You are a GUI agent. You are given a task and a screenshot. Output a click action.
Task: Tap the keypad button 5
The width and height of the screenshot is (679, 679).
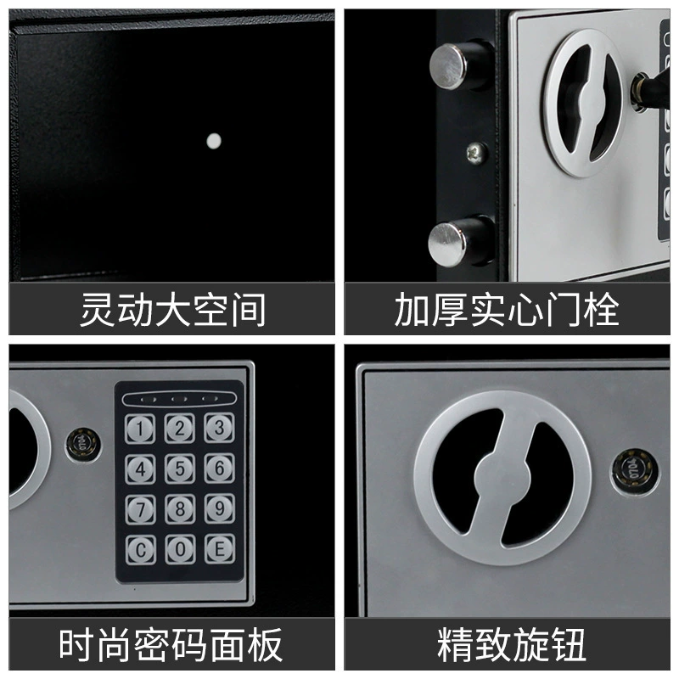point(180,469)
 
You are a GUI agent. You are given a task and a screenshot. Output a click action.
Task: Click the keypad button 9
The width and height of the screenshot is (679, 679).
point(220,508)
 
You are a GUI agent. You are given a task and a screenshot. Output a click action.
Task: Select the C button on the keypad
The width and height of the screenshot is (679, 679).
point(140,550)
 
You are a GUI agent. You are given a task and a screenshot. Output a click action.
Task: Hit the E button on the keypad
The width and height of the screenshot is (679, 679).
point(220,548)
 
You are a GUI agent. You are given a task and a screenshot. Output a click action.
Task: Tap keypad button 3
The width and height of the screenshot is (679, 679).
point(219,428)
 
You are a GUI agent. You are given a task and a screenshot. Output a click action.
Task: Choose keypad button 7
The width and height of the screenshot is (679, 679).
point(140,510)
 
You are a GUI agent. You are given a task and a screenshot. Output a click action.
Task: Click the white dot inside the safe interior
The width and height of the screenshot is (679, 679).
point(214,141)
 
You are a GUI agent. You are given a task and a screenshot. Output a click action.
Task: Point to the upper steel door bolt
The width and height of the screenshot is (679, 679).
point(461,66)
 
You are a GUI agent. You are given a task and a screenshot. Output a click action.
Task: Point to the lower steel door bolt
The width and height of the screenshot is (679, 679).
point(460,242)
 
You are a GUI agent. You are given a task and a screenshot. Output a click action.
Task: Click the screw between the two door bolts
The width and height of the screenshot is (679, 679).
point(477,153)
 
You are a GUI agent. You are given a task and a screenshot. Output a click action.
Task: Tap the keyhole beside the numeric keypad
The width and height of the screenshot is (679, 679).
point(83,445)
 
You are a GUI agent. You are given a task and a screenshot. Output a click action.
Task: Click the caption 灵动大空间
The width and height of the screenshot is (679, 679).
point(173,309)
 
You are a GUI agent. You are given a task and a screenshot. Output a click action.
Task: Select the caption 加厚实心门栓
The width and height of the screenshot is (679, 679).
point(507,309)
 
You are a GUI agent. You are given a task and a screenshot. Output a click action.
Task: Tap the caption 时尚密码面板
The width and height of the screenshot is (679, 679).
point(171,644)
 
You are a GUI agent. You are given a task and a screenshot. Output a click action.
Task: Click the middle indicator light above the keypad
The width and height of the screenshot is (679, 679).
point(179,399)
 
